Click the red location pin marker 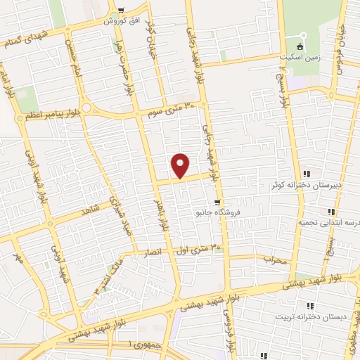tap(181, 166)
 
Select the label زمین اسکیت tap(302, 58)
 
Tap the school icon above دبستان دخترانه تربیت tap(309, 306)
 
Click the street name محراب tap(277, 260)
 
